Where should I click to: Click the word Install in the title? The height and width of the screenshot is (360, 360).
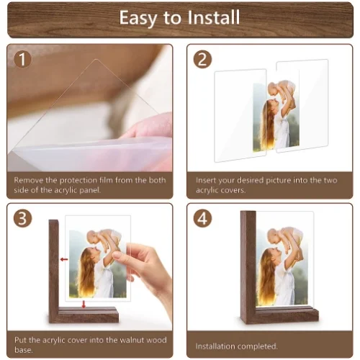click(214, 17)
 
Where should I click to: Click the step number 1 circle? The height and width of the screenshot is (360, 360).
click(22, 59)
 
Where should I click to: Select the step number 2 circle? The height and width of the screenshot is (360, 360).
click(202, 59)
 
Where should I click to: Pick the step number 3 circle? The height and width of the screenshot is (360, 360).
click(22, 218)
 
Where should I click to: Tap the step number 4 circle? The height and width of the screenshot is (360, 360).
click(202, 218)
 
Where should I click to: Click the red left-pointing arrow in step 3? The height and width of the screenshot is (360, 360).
click(64, 259)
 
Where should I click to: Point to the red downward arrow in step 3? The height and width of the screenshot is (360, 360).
click(84, 304)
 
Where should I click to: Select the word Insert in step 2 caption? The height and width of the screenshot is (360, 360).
click(204, 180)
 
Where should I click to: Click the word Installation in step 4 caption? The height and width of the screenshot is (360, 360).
click(215, 346)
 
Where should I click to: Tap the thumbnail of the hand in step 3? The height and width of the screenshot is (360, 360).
click(117, 255)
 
